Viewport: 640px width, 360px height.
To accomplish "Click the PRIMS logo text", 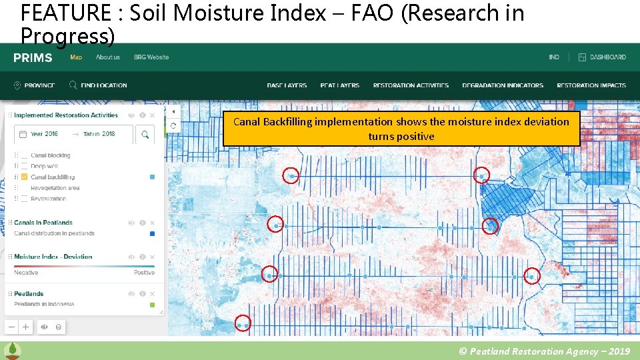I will coord(33,58).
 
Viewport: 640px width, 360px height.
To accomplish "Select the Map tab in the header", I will coord(76,57).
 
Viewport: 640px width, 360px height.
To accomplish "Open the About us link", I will coord(108,57).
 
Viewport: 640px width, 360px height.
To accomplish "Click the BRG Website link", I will coord(151,57).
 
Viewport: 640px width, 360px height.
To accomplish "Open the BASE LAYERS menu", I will coord(287,85).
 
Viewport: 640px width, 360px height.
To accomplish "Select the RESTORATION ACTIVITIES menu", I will coord(411,85).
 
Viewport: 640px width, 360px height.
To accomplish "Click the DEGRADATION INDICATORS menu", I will coord(503,85).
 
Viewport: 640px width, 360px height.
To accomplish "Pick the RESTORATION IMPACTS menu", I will coord(591,85).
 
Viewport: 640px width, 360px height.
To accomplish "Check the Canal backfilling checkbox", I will coord(25,177).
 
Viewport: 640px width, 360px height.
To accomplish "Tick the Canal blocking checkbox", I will coord(25,155).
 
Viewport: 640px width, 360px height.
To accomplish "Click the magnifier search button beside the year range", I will coord(145,135).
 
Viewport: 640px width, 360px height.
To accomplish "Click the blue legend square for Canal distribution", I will coord(152,233).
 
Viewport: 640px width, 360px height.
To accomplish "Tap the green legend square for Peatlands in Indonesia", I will coord(152,305).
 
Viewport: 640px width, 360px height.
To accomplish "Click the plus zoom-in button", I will coord(25,327).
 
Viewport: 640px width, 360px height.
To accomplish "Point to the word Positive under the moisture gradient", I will coord(144,273).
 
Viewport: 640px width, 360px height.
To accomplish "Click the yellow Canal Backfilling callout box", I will coord(401,129).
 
